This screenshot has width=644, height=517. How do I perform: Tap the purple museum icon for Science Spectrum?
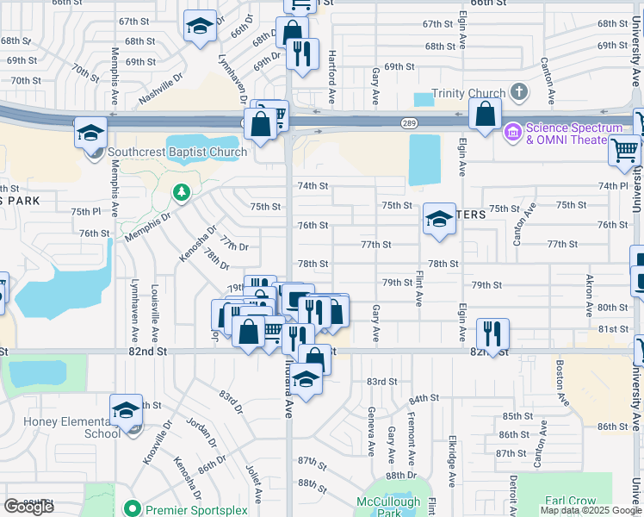coord(513,132)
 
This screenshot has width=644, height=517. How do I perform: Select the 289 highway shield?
coord(410,123)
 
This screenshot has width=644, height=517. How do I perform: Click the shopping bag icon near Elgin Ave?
coord(486,115)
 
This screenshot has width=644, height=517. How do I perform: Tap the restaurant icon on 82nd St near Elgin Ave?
coord(492,333)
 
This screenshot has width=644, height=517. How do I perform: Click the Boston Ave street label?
coord(561,383)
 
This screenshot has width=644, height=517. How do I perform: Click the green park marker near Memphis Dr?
coord(181,191)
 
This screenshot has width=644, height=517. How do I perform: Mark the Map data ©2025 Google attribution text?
coord(591,509)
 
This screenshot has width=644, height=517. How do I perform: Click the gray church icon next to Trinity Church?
coord(519,91)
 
